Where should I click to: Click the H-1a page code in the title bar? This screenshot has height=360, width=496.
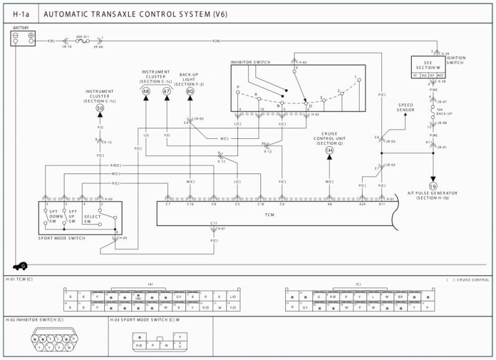coord(20,13)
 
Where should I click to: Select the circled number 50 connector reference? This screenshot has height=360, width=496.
coord(99,108)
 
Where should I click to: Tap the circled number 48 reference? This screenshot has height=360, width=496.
coord(146,91)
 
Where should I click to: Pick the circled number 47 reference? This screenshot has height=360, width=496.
coord(166,91)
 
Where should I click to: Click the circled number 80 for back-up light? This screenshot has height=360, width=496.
coord(189,91)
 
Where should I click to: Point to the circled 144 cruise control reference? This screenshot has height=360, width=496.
coord(329,151)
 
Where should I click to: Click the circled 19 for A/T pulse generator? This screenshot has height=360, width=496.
coord(433,186)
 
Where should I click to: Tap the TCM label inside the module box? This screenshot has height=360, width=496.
coord(269,214)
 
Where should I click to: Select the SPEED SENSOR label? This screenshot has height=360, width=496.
coord(405,107)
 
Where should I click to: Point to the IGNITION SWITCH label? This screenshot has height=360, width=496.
coord(455,60)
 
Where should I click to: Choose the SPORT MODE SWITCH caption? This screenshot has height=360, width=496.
coord(63,238)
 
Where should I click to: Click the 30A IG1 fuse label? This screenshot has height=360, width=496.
coord(83,37)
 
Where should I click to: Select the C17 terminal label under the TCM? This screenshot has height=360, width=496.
coord(213,222)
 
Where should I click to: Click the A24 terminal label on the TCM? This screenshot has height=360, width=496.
coord(362,203)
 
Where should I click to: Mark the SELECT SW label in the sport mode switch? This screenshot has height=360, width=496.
coord(92,219)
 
